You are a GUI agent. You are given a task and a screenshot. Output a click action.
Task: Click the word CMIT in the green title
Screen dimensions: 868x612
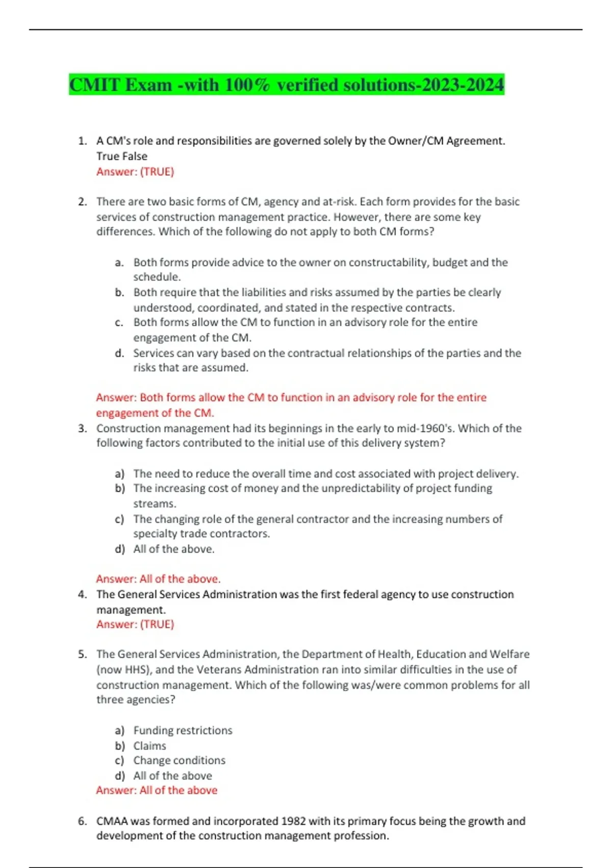[95, 85]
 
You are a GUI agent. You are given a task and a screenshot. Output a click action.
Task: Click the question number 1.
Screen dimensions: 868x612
[82, 141]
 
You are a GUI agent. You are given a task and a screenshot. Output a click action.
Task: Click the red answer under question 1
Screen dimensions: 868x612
[135, 172]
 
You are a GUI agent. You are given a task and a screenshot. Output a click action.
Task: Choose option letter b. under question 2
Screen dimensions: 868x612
[119, 293]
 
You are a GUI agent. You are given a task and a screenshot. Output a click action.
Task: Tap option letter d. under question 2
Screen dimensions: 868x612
[119, 353]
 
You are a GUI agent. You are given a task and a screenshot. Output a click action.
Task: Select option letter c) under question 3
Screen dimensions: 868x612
[119, 519]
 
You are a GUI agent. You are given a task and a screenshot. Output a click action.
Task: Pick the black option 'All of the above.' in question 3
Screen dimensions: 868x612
[174, 549]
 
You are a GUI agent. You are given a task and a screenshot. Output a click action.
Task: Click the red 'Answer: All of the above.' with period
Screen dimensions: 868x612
[158, 579]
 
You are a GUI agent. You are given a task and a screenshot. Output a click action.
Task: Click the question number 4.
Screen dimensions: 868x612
[82, 594]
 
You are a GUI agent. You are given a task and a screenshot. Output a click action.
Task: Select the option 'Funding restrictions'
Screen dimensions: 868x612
[183, 731]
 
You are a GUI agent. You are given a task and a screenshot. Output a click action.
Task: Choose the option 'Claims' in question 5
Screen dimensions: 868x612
[149, 746]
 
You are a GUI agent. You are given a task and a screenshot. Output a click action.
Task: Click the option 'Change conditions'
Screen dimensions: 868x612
[179, 760]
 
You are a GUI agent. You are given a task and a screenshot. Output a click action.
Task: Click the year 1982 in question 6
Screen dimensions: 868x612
[293, 821]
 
